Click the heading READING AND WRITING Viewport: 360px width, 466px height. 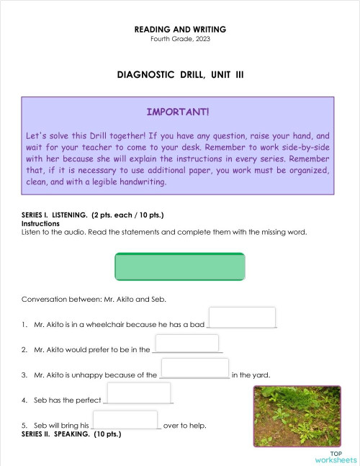(180, 30)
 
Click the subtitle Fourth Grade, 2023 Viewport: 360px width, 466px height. (180, 38)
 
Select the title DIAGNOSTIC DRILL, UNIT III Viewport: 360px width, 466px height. (180, 75)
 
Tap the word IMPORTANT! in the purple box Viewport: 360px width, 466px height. (178, 112)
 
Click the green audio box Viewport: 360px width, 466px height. (180, 266)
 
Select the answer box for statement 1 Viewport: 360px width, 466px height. (242, 317)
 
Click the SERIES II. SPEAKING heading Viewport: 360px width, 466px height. (71, 434)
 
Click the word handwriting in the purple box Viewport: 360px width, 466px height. (141, 183)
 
